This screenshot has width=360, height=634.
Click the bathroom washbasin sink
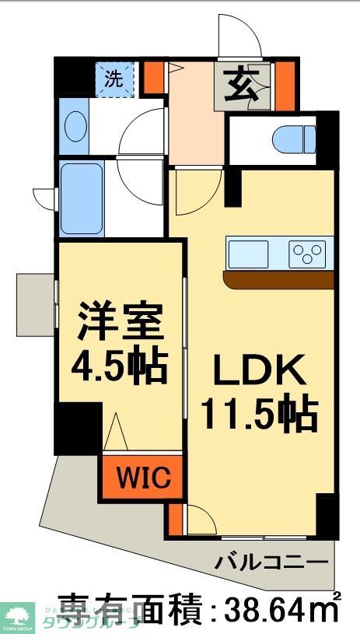point(75,126)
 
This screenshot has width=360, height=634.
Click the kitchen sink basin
point(248,253)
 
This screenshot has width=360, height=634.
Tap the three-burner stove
point(307,254)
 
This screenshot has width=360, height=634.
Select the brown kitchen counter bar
point(278,279)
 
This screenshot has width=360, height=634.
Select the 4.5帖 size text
point(121,364)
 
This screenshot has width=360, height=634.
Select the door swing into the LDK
point(194,193)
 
